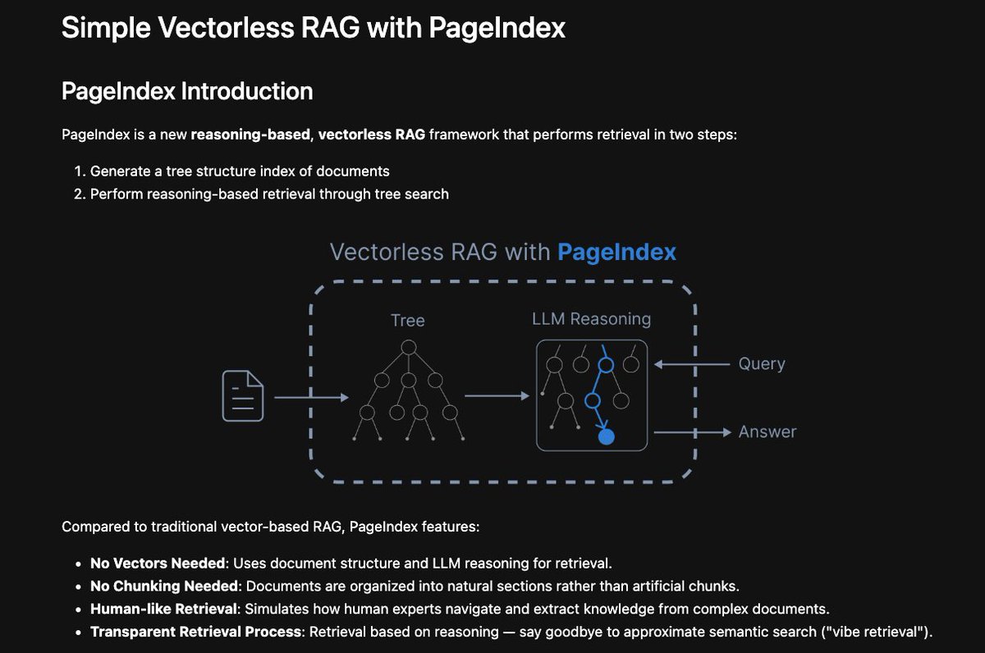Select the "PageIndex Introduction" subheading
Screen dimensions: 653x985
click(187, 91)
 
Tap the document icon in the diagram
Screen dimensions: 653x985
click(243, 396)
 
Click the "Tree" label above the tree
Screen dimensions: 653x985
click(408, 320)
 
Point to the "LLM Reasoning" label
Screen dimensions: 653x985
click(591, 319)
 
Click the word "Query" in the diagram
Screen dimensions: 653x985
click(762, 363)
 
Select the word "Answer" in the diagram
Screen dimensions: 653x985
click(767, 432)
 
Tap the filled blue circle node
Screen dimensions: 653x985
click(607, 436)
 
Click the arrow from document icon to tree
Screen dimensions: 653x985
click(311, 397)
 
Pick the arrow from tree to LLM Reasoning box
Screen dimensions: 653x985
click(497, 396)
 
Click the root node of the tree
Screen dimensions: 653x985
click(408, 347)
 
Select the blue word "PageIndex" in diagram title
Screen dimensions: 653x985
click(616, 252)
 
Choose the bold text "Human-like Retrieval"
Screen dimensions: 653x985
click(159, 609)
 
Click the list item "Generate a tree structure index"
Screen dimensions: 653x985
click(240, 171)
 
